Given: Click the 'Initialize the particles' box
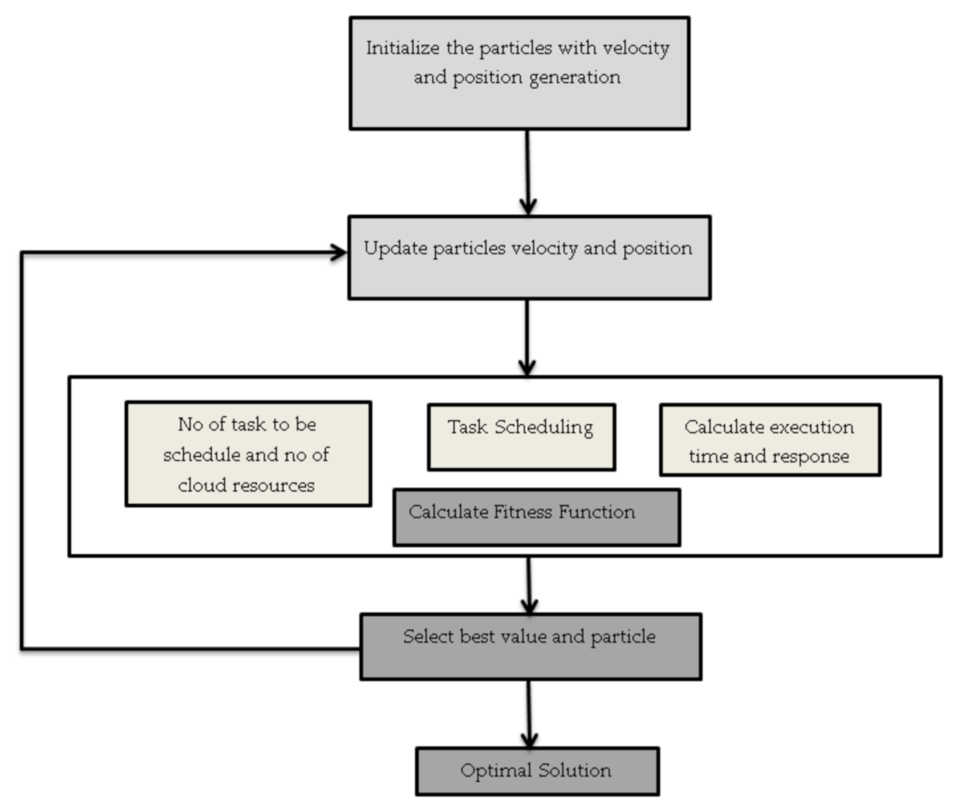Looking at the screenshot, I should [x=519, y=73].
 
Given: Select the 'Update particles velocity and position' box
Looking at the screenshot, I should [x=529, y=257].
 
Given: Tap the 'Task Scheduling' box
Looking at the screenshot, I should [x=521, y=437].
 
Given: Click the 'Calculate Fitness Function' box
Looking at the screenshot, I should [x=536, y=518].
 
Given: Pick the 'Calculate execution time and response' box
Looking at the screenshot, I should [x=770, y=440].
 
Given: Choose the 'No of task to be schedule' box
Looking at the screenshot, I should [x=248, y=453].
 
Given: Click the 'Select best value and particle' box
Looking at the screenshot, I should [x=531, y=647].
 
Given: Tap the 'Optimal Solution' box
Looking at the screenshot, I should [x=537, y=771].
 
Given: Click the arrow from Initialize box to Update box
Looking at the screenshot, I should [x=528, y=173].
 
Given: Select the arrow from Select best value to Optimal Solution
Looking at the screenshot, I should [x=529, y=714].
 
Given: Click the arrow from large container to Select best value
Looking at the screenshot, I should [x=529, y=585].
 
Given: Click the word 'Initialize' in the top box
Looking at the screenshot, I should [x=402, y=48].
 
